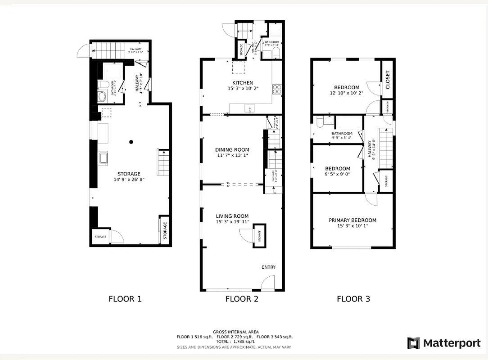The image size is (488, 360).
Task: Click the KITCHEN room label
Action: click(x=242, y=83)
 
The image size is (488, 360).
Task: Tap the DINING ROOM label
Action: click(x=232, y=150)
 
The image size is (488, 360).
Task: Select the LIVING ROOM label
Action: click(x=232, y=216)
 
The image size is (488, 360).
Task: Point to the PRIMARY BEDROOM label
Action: click(x=352, y=220)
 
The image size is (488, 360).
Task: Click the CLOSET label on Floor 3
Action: click(x=388, y=80)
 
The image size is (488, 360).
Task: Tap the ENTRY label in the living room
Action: click(x=268, y=267)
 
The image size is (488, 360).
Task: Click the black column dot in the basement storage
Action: click(x=131, y=142)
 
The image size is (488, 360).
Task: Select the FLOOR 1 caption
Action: click(x=125, y=299)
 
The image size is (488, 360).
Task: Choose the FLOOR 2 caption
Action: click(x=242, y=299)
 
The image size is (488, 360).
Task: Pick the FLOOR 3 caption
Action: click(x=353, y=299)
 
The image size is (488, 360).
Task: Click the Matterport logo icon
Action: click(x=413, y=343)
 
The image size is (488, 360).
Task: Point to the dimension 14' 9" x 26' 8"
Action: click(x=129, y=180)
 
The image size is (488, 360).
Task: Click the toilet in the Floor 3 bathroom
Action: click(x=319, y=122)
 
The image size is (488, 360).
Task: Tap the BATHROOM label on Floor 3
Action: click(x=342, y=134)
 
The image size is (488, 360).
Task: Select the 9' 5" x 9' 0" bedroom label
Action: click(x=337, y=174)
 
